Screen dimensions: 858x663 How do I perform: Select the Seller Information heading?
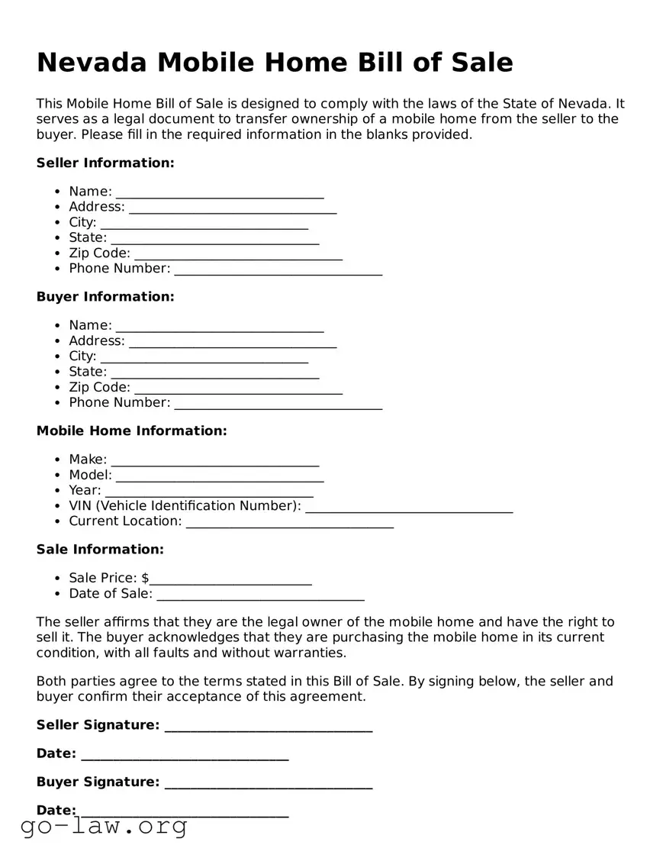click(105, 163)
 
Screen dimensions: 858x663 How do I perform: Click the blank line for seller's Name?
click(220, 192)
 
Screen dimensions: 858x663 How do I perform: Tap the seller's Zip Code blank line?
click(238, 254)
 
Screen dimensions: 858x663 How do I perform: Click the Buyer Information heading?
click(105, 296)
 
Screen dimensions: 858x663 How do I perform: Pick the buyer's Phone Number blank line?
click(278, 404)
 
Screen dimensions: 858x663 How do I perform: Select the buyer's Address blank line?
click(233, 342)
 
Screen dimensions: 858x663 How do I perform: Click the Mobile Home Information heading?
click(132, 431)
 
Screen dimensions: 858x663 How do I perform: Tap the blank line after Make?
click(215, 461)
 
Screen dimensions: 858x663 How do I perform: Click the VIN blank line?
click(409, 507)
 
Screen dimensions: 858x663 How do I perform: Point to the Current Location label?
click(125, 521)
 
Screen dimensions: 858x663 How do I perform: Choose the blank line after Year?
click(209, 492)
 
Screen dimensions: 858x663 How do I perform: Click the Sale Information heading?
click(100, 549)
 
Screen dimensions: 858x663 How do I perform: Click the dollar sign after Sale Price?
click(145, 578)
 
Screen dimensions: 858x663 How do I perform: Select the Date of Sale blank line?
click(260, 595)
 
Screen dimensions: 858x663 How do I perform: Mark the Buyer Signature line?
click(269, 783)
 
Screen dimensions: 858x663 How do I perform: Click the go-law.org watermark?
click(104, 826)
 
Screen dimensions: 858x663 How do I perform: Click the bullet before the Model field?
click(58, 475)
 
